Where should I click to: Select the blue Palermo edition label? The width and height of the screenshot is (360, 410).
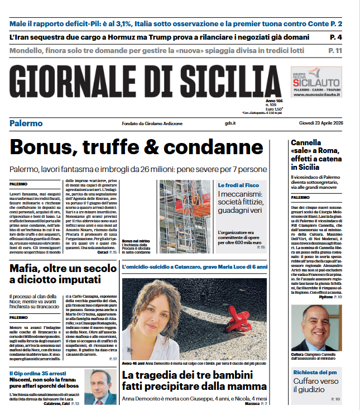tap(26, 123)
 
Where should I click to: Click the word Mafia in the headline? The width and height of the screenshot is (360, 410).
tap(28, 269)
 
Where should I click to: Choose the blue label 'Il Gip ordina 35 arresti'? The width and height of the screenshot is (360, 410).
tap(35, 373)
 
